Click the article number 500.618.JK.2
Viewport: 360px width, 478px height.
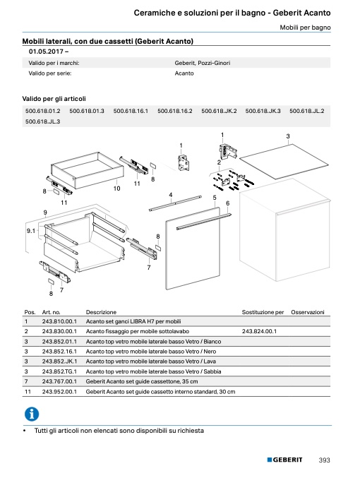click(219, 111)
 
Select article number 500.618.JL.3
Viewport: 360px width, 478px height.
click(42, 121)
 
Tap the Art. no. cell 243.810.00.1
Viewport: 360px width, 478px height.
click(59, 321)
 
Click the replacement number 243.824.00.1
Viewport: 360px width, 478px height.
click(259, 331)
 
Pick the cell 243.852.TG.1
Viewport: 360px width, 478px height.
click(59, 371)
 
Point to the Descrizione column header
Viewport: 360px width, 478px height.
click(101, 312)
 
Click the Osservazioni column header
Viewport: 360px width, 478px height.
click(308, 312)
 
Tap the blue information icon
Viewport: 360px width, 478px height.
click(32, 414)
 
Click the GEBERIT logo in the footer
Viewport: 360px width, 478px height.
click(285, 460)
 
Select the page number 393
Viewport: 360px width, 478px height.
click(324, 460)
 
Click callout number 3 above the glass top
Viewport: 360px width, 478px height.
click(288, 136)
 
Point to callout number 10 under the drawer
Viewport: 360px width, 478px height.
click(116, 189)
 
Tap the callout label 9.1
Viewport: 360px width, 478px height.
click(31, 231)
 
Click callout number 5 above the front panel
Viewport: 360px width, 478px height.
click(215, 198)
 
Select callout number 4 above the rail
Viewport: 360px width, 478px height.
click(171, 195)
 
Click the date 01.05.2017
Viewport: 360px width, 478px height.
click(47, 52)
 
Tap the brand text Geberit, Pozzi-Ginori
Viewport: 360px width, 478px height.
click(203, 63)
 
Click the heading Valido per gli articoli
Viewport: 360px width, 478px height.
click(54, 99)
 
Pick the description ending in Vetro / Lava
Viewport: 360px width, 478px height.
click(151, 362)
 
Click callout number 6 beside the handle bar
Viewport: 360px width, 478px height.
click(228, 203)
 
